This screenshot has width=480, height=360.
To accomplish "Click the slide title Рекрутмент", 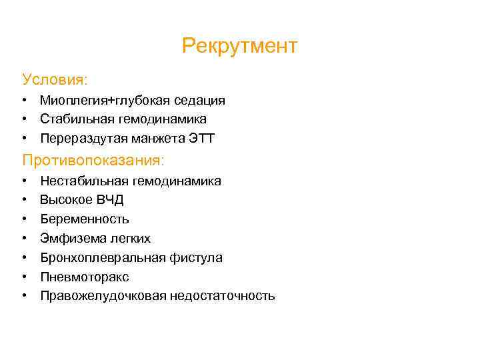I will [x=239, y=46].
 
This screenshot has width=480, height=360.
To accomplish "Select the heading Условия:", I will [x=55, y=79].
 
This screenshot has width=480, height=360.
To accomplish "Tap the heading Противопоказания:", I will [x=93, y=161].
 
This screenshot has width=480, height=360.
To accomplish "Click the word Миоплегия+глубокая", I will [x=105, y=101].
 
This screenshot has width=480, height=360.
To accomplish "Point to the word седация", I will [x=200, y=101].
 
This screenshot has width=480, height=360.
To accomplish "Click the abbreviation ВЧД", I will [x=109, y=200].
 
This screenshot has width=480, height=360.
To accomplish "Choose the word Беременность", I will [x=85, y=219].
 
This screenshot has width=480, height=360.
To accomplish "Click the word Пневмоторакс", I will [x=84, y=277].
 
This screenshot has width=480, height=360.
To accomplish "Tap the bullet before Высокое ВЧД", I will [x=23, y=200].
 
